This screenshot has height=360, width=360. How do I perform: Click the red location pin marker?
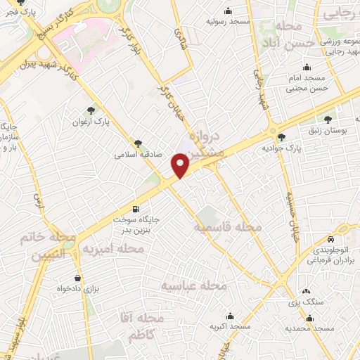click(x=181, y=165)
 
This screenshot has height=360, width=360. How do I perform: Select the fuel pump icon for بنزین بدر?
click(x=136, y=209)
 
